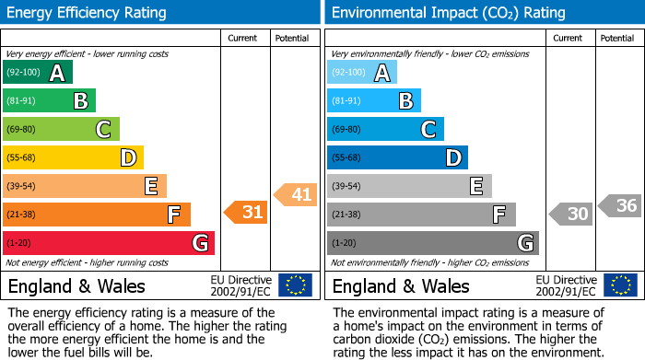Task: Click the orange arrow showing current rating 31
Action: (x=246, y=212)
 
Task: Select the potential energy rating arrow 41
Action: (x=295, y=194)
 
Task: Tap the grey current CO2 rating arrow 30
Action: (x=570, y=214)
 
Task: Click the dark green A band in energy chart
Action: (x=38, y=73)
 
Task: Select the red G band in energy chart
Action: (x=109, y=243)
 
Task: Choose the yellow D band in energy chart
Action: (x=73, y=157)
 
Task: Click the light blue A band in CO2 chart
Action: (x=362, y=73)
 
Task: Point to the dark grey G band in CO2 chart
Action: (x=432, y=243)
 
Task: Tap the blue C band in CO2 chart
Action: (x=385, y=129)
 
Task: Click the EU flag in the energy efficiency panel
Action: (x=295, y=285)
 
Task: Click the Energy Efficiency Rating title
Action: (x=88, y=13)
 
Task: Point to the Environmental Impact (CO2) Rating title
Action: (x=448, y=13)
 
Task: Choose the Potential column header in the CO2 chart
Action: (x=617, y=38)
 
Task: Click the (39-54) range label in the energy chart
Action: (x=22, y=187)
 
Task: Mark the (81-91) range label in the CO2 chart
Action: (x=346, y=101)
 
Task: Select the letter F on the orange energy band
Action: (x=173, y=215)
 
